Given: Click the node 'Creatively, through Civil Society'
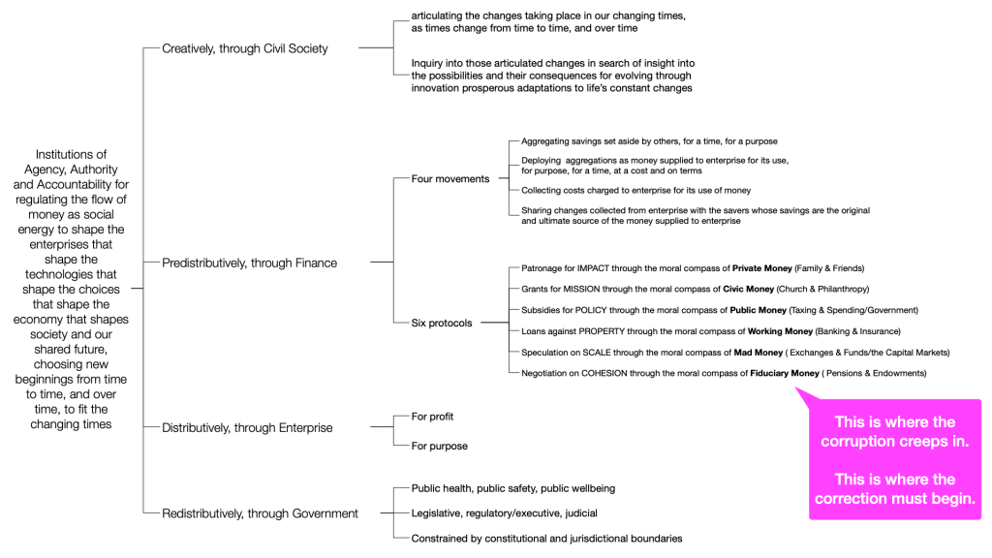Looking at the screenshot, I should pos(245,47).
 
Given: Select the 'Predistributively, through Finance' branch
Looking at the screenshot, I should pos(249,262).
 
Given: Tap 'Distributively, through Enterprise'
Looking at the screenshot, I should pos(247,427).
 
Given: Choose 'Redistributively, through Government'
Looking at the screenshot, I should pos(260,513).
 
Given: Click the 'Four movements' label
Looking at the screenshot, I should pos(450,179).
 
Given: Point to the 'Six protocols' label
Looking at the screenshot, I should pos(442,323).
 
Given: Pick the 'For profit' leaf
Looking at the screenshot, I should pos(432,417).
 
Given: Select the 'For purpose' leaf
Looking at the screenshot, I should pos(439,446).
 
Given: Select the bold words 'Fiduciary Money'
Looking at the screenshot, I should pos(786,373).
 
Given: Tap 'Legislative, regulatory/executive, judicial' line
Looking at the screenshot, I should pos(504,512).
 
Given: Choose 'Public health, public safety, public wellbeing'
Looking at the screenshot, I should pos(512,488).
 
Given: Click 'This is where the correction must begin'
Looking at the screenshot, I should pos(894,489).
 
